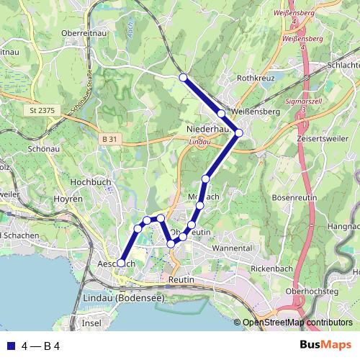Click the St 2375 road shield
tap(43, 110)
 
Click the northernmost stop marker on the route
tap(183, 77)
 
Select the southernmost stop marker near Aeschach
tap(121, 264)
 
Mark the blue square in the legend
tap(9, 346)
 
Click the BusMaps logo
tap(325, 346)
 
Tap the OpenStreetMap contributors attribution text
tap(298, 323)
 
